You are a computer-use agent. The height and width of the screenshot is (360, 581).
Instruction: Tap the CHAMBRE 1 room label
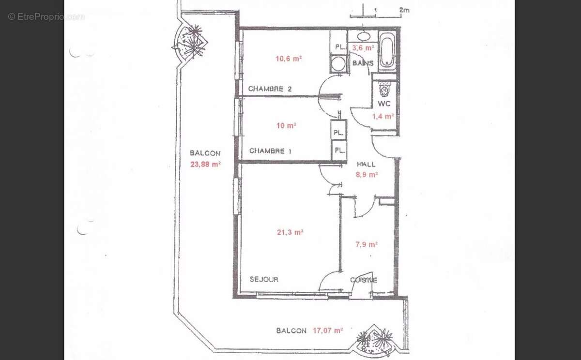click(270, 151)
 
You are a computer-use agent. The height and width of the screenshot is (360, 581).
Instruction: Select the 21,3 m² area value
click(290, 232)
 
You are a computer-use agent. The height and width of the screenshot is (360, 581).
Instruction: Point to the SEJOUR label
click(264, 279)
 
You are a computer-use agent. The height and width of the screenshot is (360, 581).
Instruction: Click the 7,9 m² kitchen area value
click(367, 244)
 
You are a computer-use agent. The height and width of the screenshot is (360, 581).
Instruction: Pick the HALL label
click(366, 165)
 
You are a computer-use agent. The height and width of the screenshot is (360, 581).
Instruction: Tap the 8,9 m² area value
click(367, 175)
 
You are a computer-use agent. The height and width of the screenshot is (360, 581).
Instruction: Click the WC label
click(384, 104)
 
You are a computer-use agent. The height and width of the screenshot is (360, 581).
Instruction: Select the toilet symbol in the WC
click(385, 89)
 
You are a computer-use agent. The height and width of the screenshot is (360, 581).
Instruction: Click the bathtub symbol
click(387, 51)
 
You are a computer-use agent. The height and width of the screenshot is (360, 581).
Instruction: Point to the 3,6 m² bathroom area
click(364, 48)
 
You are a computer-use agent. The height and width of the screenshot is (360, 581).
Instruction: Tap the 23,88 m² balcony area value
click(205, 164)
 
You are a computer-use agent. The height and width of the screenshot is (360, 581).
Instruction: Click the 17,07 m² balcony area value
click(327, 330)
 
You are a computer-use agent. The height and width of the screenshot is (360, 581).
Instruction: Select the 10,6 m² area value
click(289, 59)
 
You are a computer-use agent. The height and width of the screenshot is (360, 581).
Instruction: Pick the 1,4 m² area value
click(382, 116)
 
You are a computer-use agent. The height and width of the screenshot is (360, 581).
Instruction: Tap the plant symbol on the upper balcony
click(190, 40)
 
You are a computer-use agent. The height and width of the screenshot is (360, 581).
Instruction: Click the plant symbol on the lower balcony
click(378, 340)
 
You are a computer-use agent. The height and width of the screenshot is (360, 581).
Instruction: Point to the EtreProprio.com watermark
click(46, 16)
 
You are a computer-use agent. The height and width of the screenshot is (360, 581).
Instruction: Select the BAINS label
click(363, 63)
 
